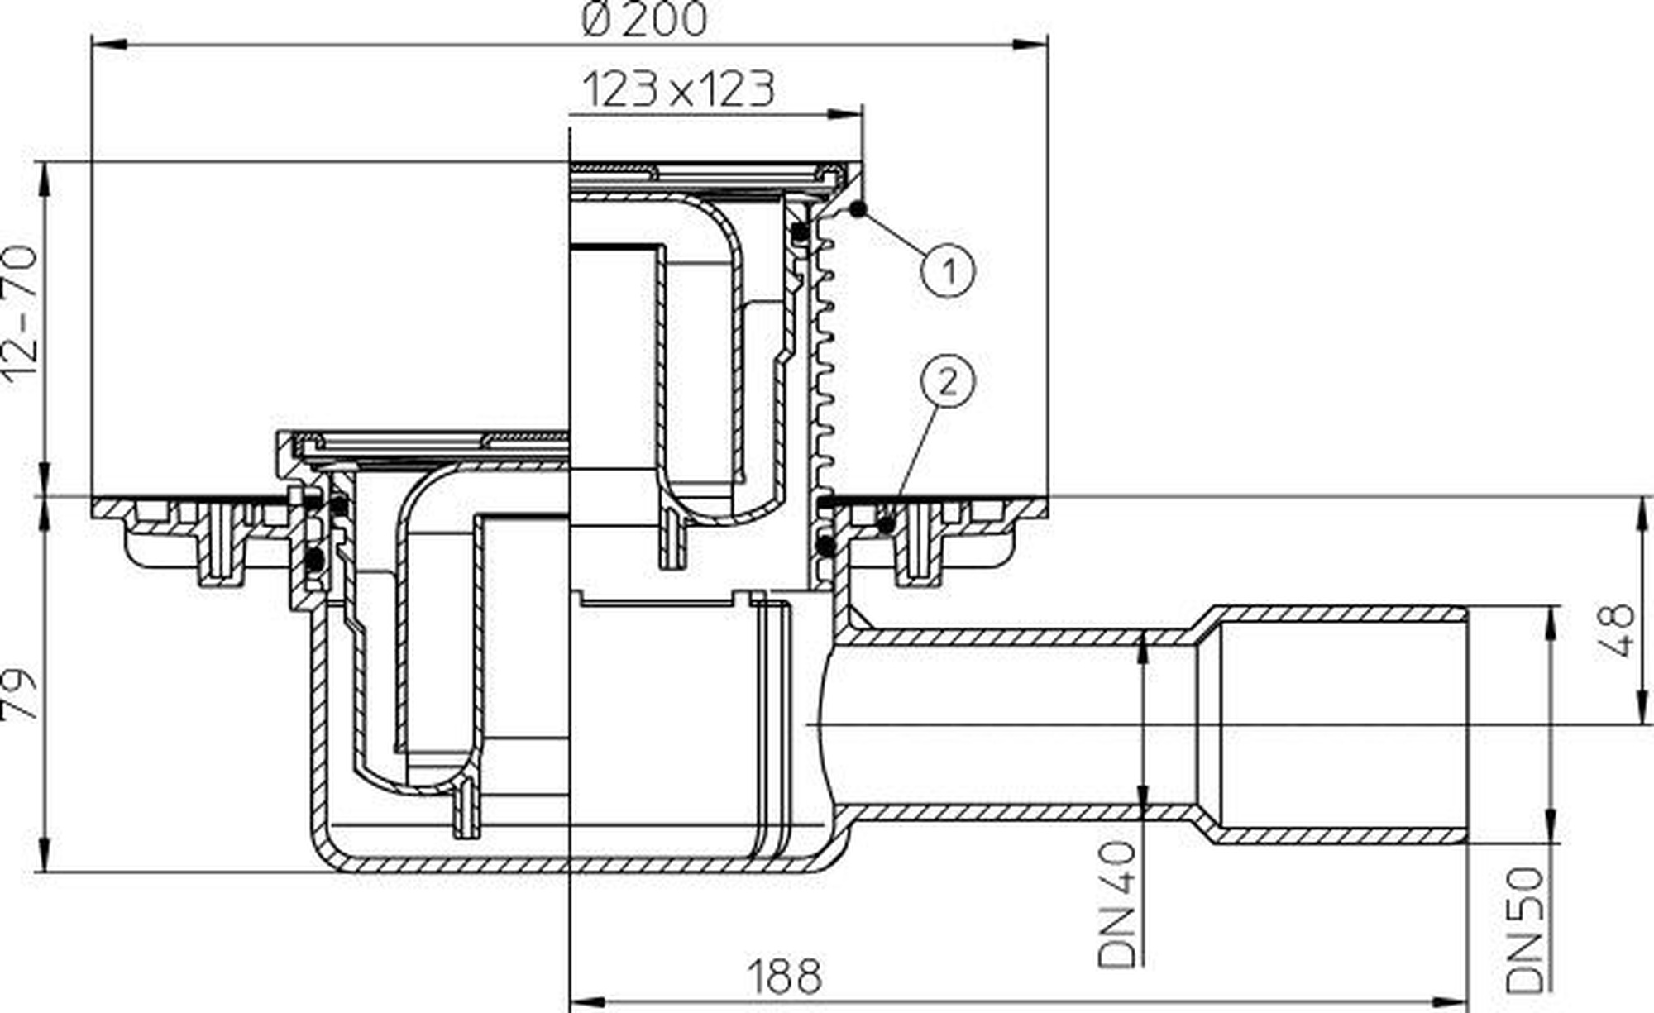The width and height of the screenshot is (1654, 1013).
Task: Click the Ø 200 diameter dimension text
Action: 645,20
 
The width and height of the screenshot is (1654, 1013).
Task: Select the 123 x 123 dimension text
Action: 679,89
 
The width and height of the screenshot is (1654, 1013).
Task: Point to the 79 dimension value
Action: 21,695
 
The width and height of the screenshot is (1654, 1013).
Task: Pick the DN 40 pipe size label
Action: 1118,905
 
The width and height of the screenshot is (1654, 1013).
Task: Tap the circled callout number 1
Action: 949,270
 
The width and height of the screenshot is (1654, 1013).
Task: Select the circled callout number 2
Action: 948,381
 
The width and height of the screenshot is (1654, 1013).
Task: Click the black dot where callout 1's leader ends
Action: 858,209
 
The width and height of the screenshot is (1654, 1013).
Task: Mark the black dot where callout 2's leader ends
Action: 887,524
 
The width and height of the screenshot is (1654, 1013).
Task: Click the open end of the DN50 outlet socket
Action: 1467,725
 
